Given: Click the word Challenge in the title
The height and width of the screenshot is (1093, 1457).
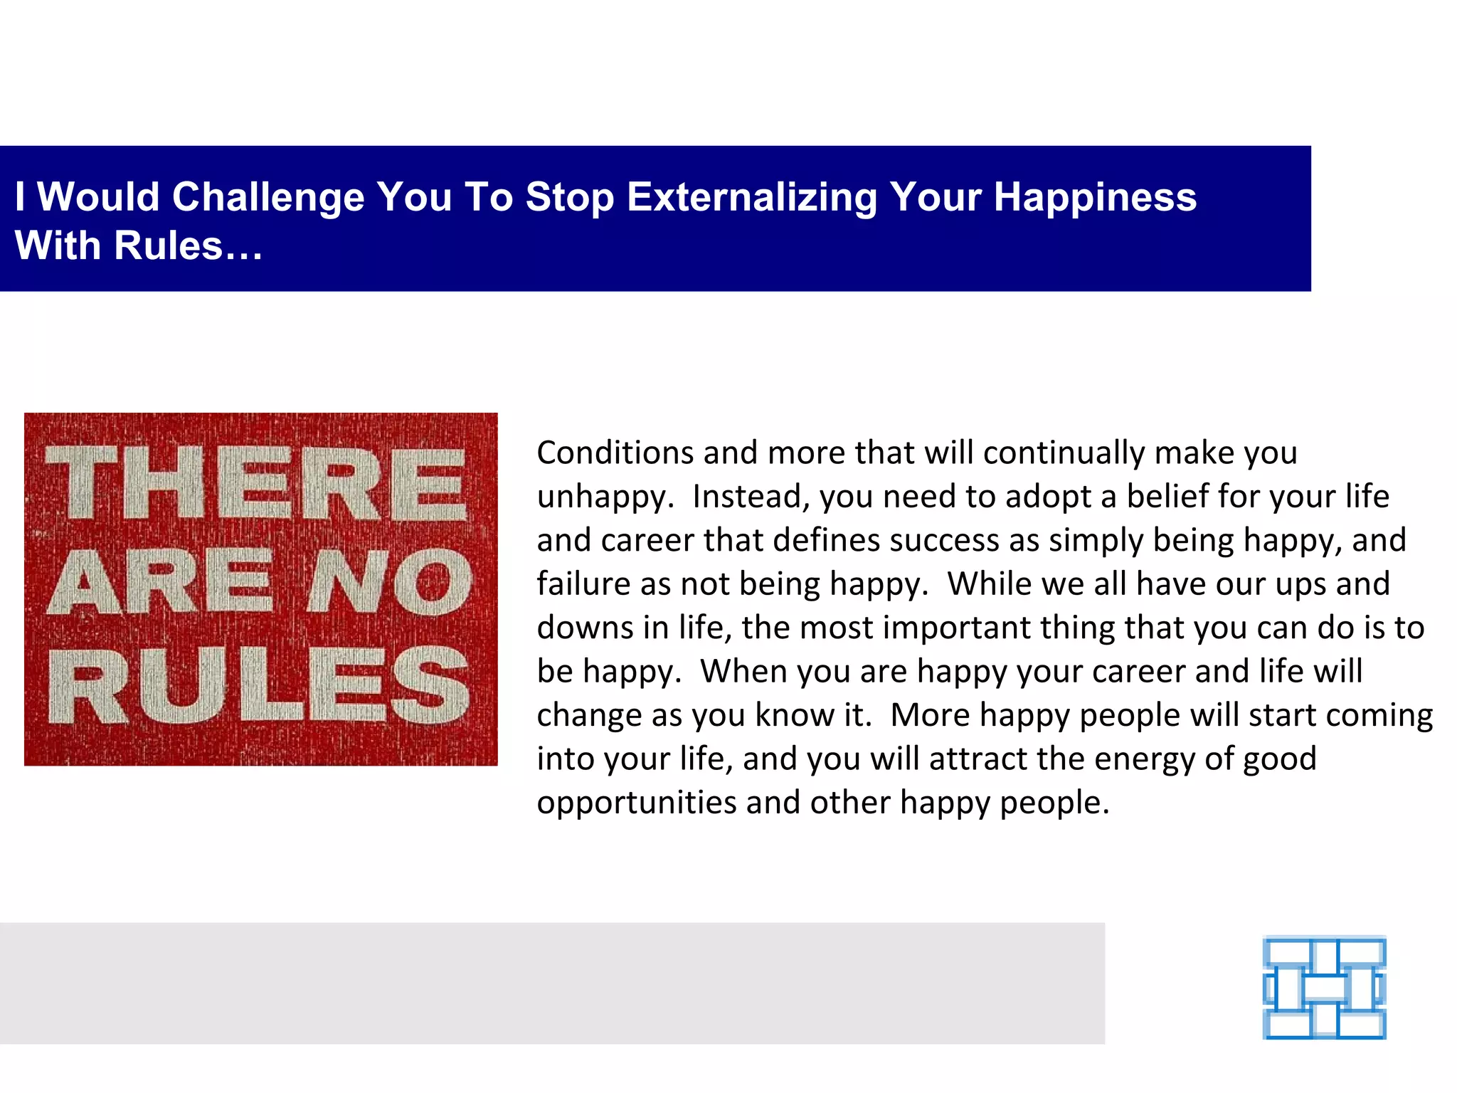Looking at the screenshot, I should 268,197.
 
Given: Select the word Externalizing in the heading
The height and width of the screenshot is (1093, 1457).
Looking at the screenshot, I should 751,197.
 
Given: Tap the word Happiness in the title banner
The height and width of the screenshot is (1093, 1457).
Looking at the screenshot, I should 1095,197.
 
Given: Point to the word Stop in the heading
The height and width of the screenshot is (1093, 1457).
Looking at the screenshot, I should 569,197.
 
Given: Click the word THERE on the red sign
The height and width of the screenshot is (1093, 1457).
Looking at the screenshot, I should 256,483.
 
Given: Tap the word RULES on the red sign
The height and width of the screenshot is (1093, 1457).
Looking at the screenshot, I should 259,687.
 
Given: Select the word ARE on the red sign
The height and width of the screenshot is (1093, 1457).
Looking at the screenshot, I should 161,581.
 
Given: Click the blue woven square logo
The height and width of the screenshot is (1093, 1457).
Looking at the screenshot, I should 1324,988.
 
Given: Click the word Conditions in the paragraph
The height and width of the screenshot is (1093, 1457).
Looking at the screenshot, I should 615,453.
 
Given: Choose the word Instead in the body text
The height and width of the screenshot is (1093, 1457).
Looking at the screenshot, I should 751,497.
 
